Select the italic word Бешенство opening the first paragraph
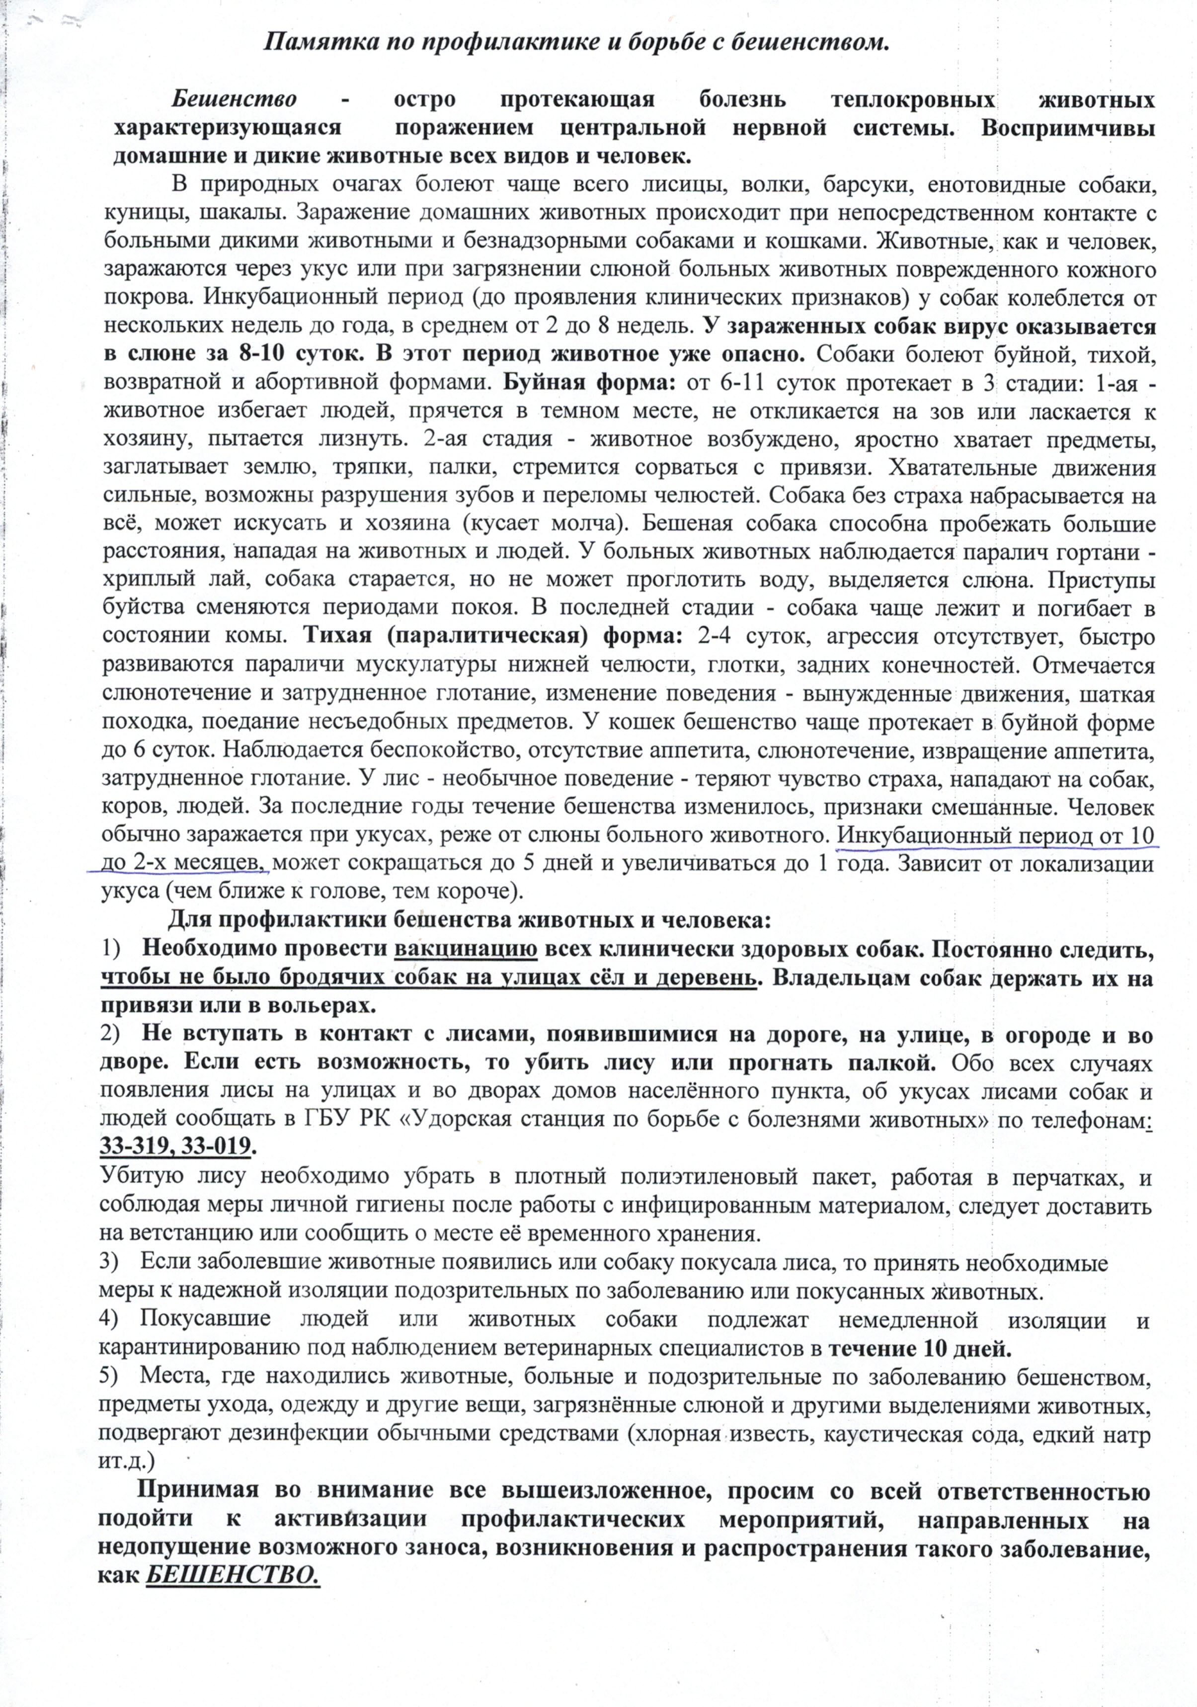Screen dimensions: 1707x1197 pyautogui.click(x=235, y=99)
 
